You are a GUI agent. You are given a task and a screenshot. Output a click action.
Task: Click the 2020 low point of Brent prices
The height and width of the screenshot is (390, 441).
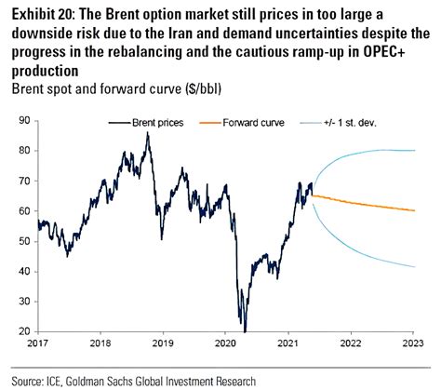245,330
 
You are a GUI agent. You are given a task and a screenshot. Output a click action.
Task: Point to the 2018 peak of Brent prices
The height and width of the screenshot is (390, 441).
147,133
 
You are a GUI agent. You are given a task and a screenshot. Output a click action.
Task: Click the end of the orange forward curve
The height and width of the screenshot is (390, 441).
415,210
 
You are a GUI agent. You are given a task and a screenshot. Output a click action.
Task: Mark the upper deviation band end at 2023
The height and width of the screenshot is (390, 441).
415,151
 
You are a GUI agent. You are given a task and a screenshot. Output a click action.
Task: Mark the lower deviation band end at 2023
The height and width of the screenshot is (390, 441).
415,267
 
